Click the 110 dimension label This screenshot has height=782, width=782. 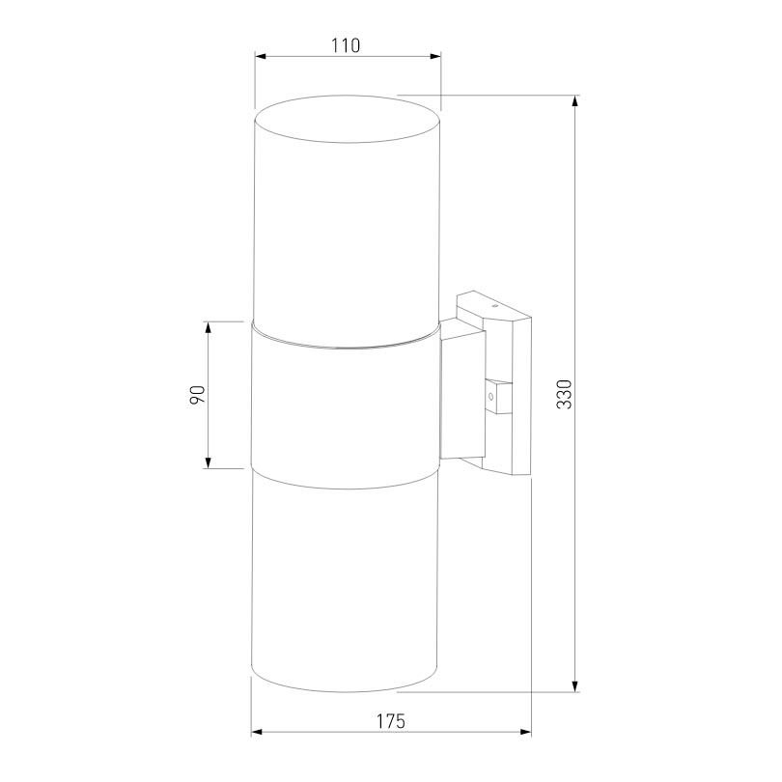click(345, 45)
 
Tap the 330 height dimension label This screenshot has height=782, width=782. click(564, 394)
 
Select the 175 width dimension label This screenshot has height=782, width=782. click(390, 721)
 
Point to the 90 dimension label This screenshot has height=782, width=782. click(197, 395)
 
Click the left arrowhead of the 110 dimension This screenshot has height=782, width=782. click(261, 56)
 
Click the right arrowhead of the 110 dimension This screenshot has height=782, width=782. click(435, 56)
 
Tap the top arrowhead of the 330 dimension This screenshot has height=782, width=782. click(575, 101)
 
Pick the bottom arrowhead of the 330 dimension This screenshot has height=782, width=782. click(575, 685)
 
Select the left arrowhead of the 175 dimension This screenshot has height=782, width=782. click(257, 732)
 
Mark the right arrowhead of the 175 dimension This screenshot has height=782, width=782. click(525, 732)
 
